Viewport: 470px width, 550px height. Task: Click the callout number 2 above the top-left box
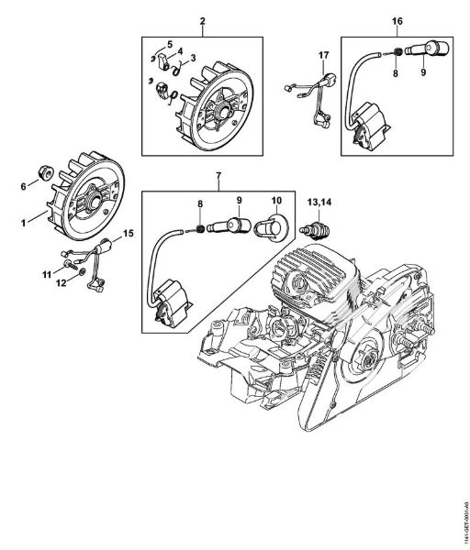pyautogui.click(x=201, y=20)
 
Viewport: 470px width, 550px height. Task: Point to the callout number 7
pyautogui.click(x=218, y=175)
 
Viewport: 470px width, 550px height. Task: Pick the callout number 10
pyautogui.click(x=275, y=201)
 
